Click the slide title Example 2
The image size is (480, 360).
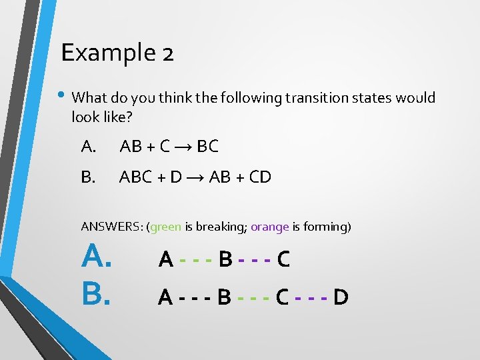click(117, 52)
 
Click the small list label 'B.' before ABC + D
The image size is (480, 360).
click(88, 177)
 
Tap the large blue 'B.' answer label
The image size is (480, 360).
click(96, 293)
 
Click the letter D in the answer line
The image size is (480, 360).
click(340, 297)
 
